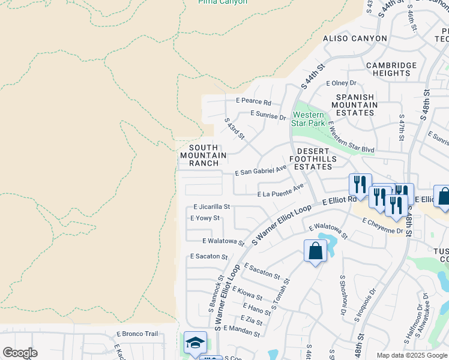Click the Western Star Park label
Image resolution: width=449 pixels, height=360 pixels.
tap(308, 119)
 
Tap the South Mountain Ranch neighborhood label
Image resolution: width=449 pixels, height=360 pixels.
tap(203, 155)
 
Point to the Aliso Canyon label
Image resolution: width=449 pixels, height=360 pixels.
tap(355, 38)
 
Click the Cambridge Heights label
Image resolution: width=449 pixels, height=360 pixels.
tap(391, 69)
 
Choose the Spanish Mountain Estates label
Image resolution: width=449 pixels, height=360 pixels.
tap(357, 105)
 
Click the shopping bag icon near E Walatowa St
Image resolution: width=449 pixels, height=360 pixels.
tap(315, 251)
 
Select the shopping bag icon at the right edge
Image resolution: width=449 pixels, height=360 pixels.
tap(443, 197)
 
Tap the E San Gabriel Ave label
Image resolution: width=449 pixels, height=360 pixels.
tap(261, 171)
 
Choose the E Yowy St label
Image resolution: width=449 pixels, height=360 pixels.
tap(205, 218)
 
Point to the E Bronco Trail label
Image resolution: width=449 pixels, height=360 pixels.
tap(137, 334)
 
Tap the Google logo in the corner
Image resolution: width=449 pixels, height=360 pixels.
tap(20, 353)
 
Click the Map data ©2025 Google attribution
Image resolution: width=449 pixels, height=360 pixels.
tap(411, 355)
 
